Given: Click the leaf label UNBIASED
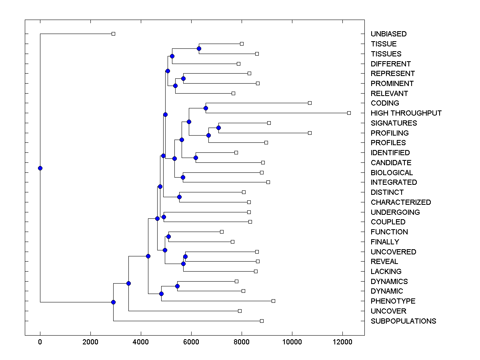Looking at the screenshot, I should (x=388, y=34).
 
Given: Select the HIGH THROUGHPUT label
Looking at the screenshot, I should (x=406, y=113).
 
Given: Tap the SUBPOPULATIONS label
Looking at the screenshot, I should (x=403, y=321).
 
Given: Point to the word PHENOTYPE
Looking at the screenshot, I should (x=393, y=301).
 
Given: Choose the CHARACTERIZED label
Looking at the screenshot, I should (x=401, y=202).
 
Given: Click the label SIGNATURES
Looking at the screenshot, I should (x=394, y=123).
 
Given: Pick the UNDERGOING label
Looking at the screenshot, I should (x=395, y=212).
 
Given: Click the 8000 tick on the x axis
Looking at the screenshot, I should (x=242, y=342).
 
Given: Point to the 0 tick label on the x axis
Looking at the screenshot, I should (x=40, y=342).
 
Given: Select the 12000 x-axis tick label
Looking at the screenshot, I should (x=342, y=342).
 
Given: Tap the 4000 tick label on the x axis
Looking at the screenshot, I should (x=141, y=342).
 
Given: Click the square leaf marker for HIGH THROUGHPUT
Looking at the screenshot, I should (x=349, y=113).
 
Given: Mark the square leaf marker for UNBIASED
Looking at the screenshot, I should (x=113, y=34).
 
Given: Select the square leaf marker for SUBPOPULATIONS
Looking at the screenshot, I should (x=262, y=321).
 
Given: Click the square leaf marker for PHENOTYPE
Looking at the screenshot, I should (x=273, y=301).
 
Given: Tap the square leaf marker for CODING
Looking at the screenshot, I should (x=310, y=103).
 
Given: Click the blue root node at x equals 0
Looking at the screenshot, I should (x=40, y=168).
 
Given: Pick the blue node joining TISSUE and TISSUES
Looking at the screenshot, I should (x=199, y=49).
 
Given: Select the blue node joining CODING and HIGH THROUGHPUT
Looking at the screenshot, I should (x=206, y=108).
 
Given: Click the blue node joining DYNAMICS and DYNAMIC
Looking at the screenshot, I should (x=177, y=286).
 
